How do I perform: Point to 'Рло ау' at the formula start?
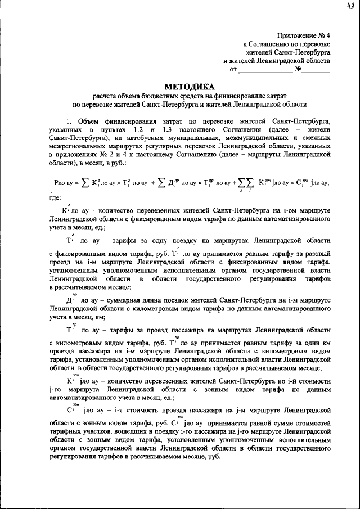[x=64, y=183]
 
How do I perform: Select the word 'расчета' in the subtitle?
[x=106, y=96]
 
